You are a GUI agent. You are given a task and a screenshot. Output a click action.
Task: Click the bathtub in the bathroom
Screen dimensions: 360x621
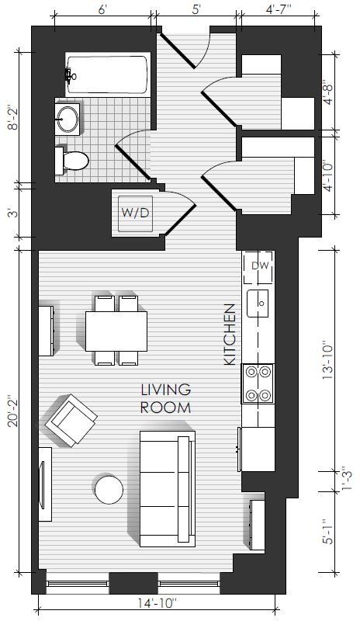point(108,75)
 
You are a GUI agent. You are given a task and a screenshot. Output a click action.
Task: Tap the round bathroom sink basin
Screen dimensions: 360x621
point(67,119)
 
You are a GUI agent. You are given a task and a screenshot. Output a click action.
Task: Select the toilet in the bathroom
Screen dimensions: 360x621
point(71,161)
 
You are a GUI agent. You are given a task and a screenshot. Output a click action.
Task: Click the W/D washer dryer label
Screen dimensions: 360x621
point(135,213)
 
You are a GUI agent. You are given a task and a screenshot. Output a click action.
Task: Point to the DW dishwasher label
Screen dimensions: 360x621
point(260,265)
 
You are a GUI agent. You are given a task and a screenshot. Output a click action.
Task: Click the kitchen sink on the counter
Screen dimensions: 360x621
point(258,304)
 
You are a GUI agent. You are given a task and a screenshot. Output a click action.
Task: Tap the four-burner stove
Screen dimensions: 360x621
point(258,383)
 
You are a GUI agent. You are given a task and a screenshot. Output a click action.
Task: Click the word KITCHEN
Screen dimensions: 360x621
point(230,335)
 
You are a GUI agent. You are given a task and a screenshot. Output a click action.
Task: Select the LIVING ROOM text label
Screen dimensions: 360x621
point(166,398)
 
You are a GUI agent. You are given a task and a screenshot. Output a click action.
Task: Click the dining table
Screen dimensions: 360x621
point(116,331)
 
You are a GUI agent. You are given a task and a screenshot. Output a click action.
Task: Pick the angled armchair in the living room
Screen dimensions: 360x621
point(71,421)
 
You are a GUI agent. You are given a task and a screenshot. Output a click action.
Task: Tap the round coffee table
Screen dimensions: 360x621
point(109,490)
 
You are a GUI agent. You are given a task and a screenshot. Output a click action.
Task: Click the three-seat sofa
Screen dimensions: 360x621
point(168,489)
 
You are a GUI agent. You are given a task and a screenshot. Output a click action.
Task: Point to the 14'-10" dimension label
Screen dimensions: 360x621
point(157,604)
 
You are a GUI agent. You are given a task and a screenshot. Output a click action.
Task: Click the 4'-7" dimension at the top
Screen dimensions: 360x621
point(279,9)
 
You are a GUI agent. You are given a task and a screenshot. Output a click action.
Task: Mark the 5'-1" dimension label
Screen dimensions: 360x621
point(327,532)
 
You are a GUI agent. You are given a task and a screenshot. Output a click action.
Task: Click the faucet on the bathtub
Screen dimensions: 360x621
point(70,75)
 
